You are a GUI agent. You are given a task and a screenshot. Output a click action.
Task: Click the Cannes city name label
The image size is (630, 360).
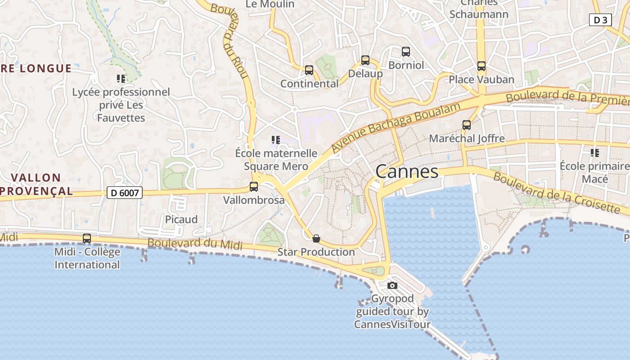click(407, 171)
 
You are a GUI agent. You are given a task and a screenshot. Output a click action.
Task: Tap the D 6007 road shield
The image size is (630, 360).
click(125, 193)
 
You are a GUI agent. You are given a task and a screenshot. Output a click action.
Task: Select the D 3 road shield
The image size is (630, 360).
click(600, 20)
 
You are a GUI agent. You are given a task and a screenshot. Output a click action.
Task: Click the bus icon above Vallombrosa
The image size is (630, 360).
click(254, 186)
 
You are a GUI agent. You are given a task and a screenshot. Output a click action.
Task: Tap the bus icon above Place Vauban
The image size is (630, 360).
click(481, 66)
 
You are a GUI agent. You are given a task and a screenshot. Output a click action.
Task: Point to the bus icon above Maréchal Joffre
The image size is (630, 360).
click(467, 125)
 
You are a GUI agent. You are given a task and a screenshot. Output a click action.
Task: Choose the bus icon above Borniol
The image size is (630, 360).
click(406, 52)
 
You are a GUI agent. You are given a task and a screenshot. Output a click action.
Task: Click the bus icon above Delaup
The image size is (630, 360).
click(365, 60)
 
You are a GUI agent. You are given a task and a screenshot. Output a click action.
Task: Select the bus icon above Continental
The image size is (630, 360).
click(309, 70)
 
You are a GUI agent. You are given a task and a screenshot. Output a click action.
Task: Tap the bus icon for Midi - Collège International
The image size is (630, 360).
click(87, 238)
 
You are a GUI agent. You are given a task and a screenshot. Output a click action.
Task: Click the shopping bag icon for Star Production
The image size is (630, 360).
click(316, 238)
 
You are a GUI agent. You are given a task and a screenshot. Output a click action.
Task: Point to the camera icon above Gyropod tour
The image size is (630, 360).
click(392, 285)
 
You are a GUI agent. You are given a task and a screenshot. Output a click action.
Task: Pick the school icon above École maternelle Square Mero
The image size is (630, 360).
click(276, 140)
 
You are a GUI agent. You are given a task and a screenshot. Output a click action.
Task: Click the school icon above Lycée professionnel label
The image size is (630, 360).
click(121, 79)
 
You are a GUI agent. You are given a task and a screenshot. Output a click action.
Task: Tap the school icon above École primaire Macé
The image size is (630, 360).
click(595, 153)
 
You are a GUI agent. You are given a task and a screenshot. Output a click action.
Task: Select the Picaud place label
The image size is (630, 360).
click(181, 220)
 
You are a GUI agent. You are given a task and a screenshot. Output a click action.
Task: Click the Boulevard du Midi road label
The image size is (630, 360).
click(195, 244)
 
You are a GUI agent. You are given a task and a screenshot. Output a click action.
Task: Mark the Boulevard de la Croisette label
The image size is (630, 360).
click(556, 192)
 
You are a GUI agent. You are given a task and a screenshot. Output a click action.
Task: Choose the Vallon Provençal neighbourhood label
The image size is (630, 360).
click(36, 184)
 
